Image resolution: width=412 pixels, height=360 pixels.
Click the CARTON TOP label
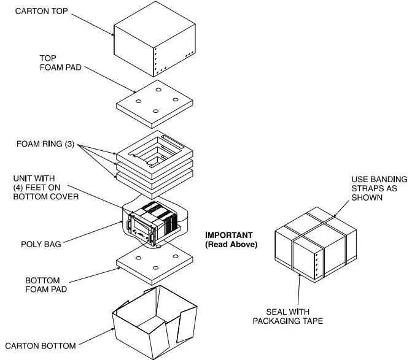(42, 11)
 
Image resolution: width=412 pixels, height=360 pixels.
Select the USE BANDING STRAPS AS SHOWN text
(376, 188)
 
